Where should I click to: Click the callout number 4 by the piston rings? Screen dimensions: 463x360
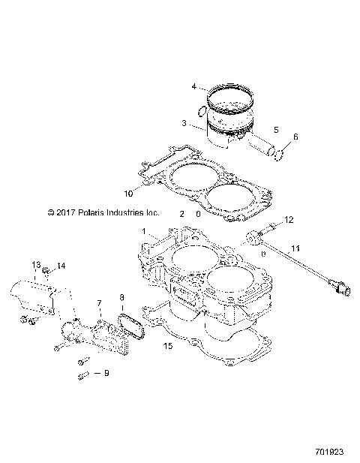pos(193,87)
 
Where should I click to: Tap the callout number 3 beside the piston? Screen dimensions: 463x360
pos(183,122)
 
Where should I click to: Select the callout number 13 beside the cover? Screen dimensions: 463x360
pos(35,264)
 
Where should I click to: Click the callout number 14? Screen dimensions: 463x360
pos(61,266)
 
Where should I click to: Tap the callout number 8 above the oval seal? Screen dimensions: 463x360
pos(122,298)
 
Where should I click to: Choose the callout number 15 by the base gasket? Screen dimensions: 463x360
pos(169,346)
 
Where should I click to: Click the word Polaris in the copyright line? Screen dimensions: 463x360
pos(82,213)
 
